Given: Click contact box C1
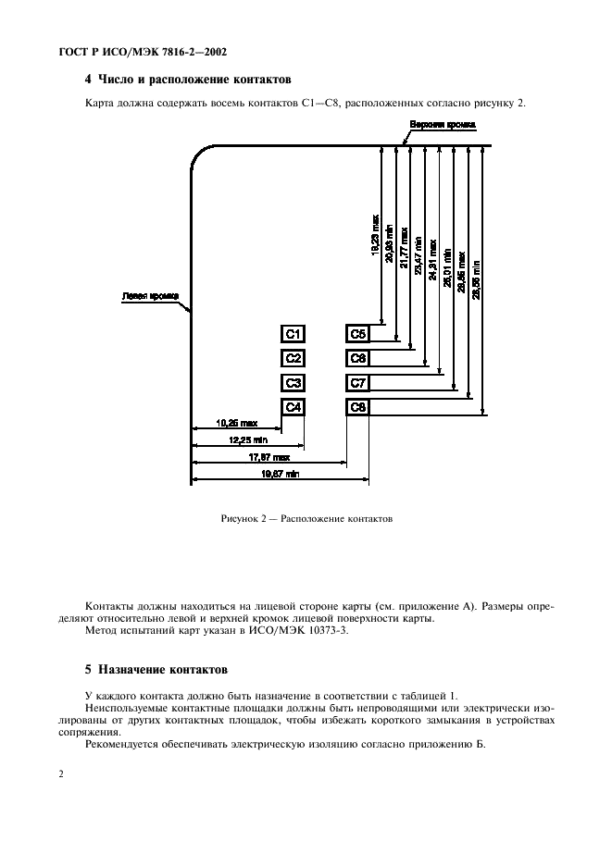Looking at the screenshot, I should point(294,334).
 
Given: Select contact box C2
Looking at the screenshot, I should point(294,358).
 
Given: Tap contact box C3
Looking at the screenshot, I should point(294,383).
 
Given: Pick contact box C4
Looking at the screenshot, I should point(294,407).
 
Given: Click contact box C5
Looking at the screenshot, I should point(358,334).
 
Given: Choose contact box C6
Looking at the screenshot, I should point(358,358).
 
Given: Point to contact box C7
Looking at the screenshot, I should point(358,383).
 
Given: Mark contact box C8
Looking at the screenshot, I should point(358,407).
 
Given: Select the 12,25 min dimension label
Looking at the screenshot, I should point(247,440).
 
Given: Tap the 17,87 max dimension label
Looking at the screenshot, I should point(269,457).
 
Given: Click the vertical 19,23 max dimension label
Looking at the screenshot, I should point(375,236).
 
